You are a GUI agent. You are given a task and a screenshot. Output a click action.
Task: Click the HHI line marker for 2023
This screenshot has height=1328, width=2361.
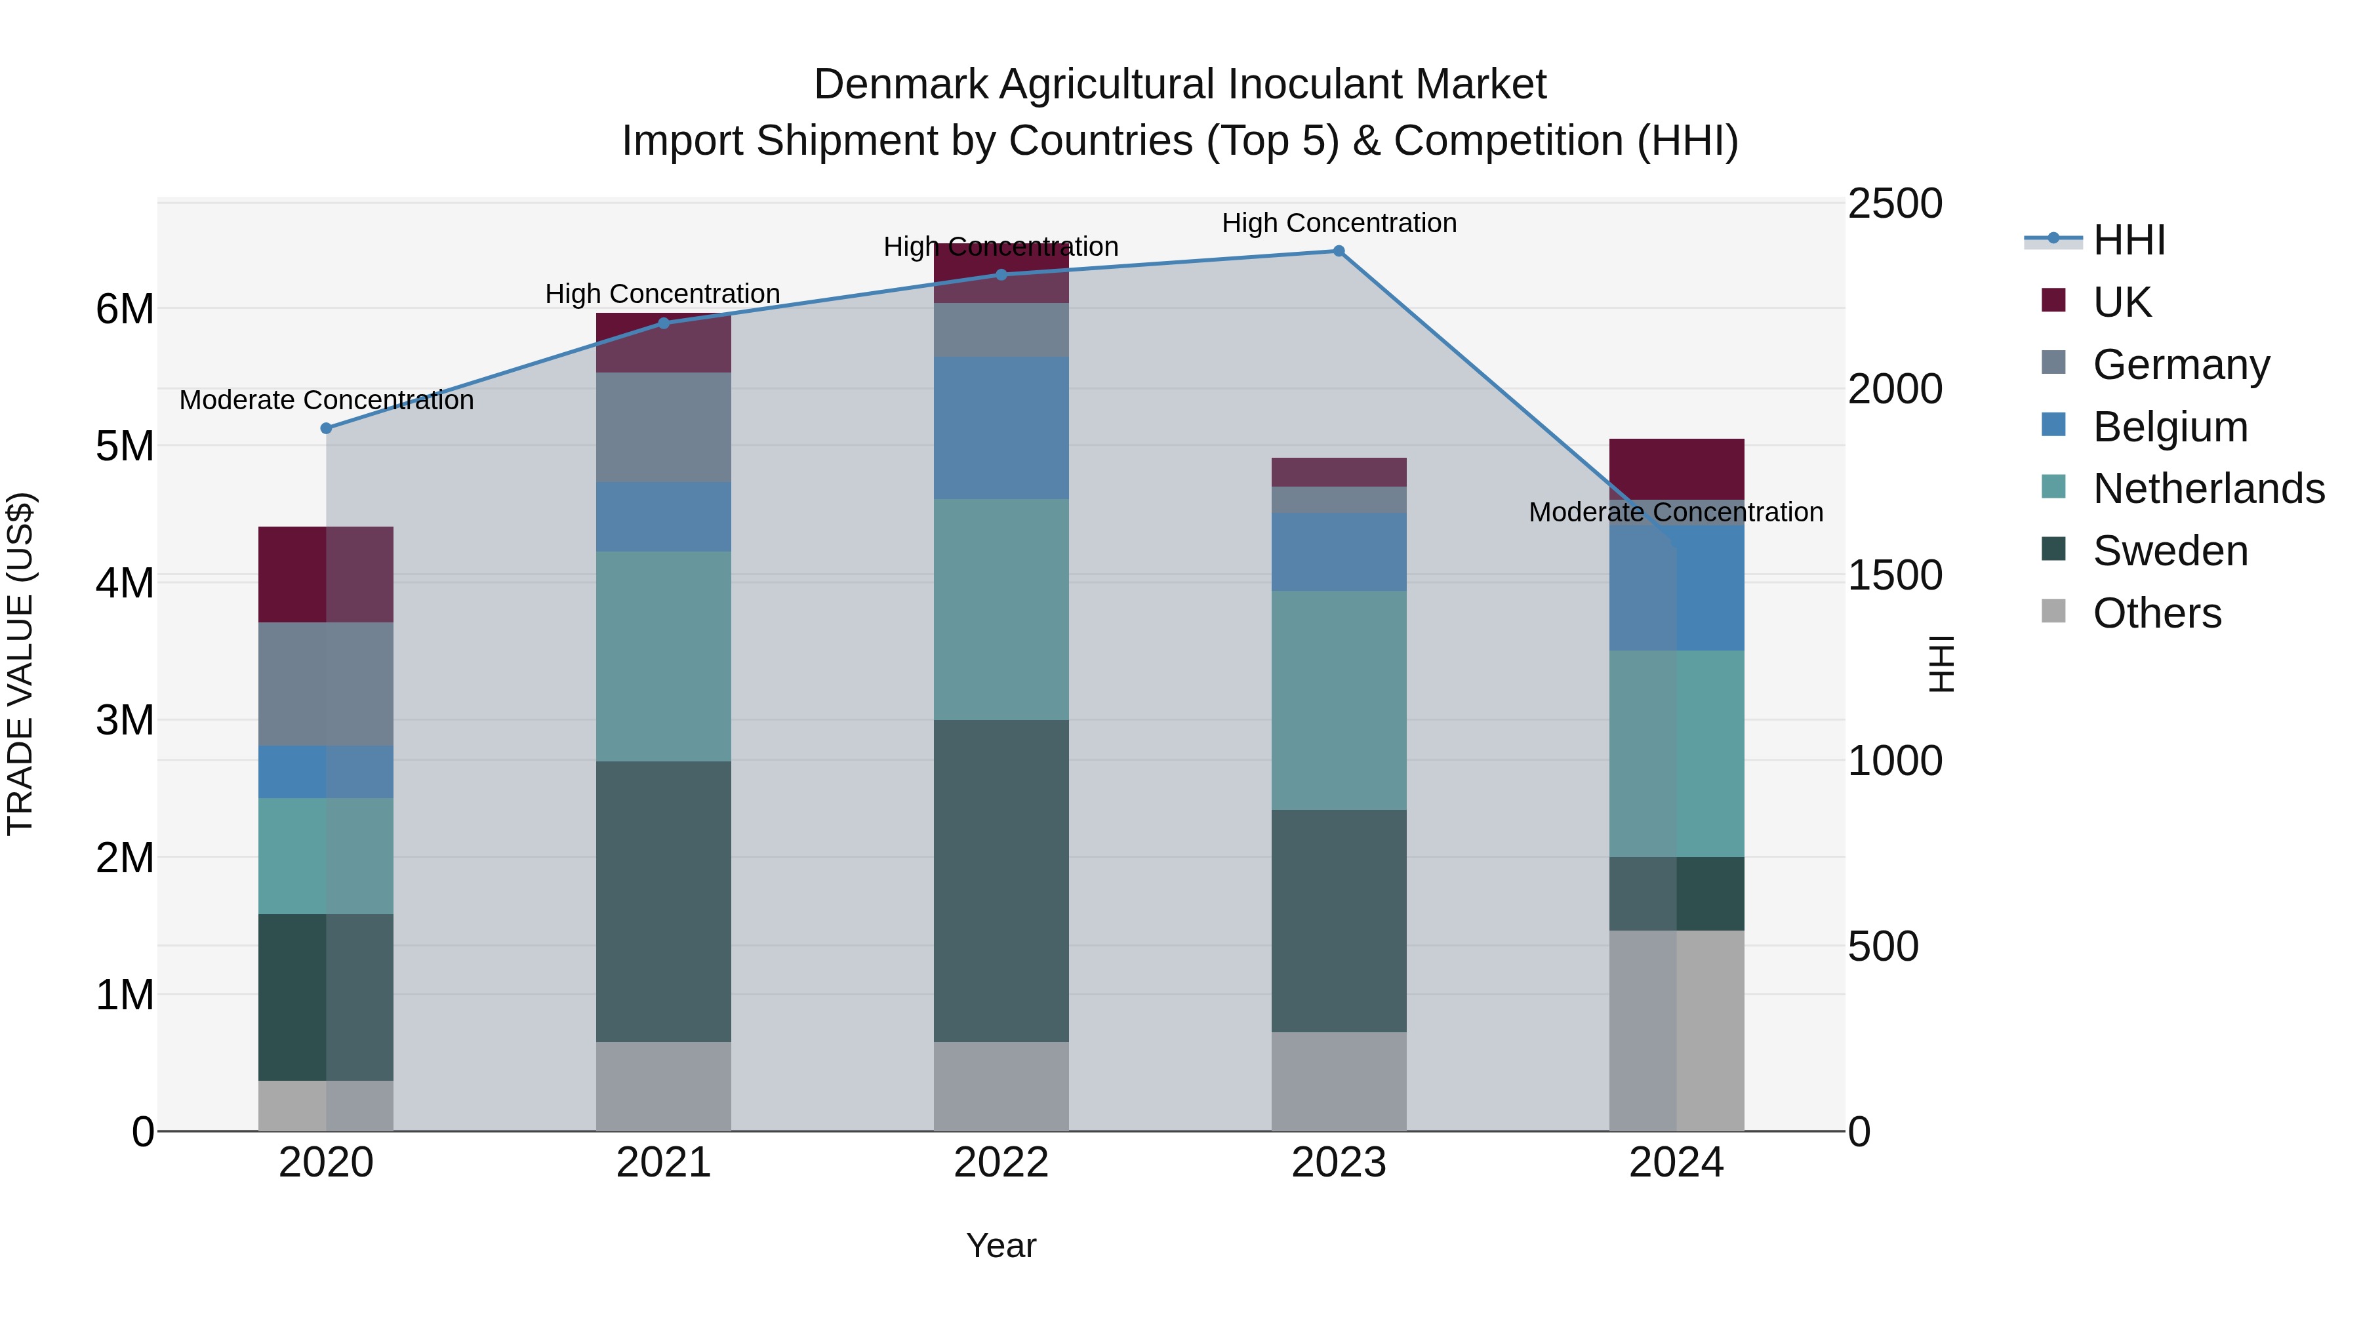pos(1338,251)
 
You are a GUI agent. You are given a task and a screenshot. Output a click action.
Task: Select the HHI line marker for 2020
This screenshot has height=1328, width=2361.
pos(327,428)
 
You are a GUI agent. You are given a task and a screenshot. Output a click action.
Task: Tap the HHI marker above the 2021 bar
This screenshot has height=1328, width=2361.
pos(664,323)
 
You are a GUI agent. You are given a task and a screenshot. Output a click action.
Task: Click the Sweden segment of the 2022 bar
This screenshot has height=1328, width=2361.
pos(1001,880)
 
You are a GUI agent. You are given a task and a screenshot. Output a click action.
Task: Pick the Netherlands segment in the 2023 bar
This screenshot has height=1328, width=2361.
pos(1338,700)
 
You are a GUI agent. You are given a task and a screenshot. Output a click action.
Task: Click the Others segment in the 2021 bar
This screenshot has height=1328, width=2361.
pos(664,1086)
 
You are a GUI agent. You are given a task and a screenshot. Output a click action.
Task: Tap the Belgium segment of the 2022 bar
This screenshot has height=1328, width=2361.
pos(1001,428)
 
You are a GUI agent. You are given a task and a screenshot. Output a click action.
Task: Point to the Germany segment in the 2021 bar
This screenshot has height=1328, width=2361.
pos(664,427)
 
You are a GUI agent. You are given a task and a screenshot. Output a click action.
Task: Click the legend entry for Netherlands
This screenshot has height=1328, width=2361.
pos(2209,489)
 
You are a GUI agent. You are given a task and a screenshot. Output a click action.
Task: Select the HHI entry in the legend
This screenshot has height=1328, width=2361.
pos(2128,240)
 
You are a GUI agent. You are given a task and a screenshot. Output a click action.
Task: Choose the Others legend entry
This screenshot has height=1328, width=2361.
pos(2156,613)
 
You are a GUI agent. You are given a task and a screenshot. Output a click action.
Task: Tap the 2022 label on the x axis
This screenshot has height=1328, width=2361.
pos(1001,1163)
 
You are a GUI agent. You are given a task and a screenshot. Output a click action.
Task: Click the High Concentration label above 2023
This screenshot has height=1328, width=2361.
pos(1338,223)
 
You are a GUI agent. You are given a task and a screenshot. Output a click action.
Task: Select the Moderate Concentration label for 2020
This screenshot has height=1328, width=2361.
pos(327,401)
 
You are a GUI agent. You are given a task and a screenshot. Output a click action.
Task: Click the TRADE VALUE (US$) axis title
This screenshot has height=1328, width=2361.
pos(21,664)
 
